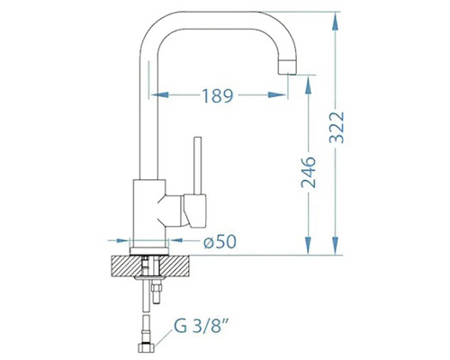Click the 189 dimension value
(x=218, y=95)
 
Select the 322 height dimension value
(x=337, y=127)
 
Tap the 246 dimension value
(x=309, y=172)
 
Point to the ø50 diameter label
(x=220, y=241)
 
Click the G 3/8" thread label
(x=200, y=327)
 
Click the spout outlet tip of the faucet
(x=288, y=67)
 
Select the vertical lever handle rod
(x=197, y=166)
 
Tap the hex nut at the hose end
(x=147, y=347)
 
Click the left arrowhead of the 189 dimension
(x=159, y=94)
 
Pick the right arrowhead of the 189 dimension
(x=277, y=94)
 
